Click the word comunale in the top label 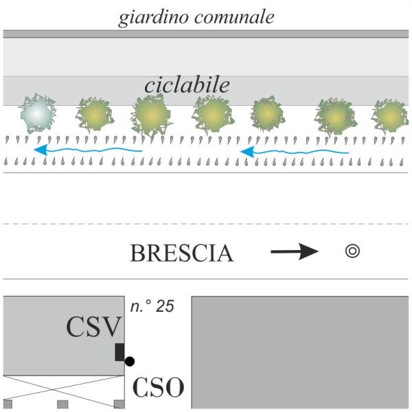(235, 17)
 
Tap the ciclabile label (187, 85)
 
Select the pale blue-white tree (37, 113)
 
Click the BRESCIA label (182, 253)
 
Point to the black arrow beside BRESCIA (295, 251)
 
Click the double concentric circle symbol (352, 251)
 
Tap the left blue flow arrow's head (41, 150)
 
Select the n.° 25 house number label (152, 306)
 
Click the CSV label (94, 327)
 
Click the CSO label (158, 387)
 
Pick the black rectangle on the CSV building (119, 352)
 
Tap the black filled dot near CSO (130, 362)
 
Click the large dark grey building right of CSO (300, 352)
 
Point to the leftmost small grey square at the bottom (8, 404)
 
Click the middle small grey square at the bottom (62, 404)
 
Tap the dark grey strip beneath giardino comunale (206, 34)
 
